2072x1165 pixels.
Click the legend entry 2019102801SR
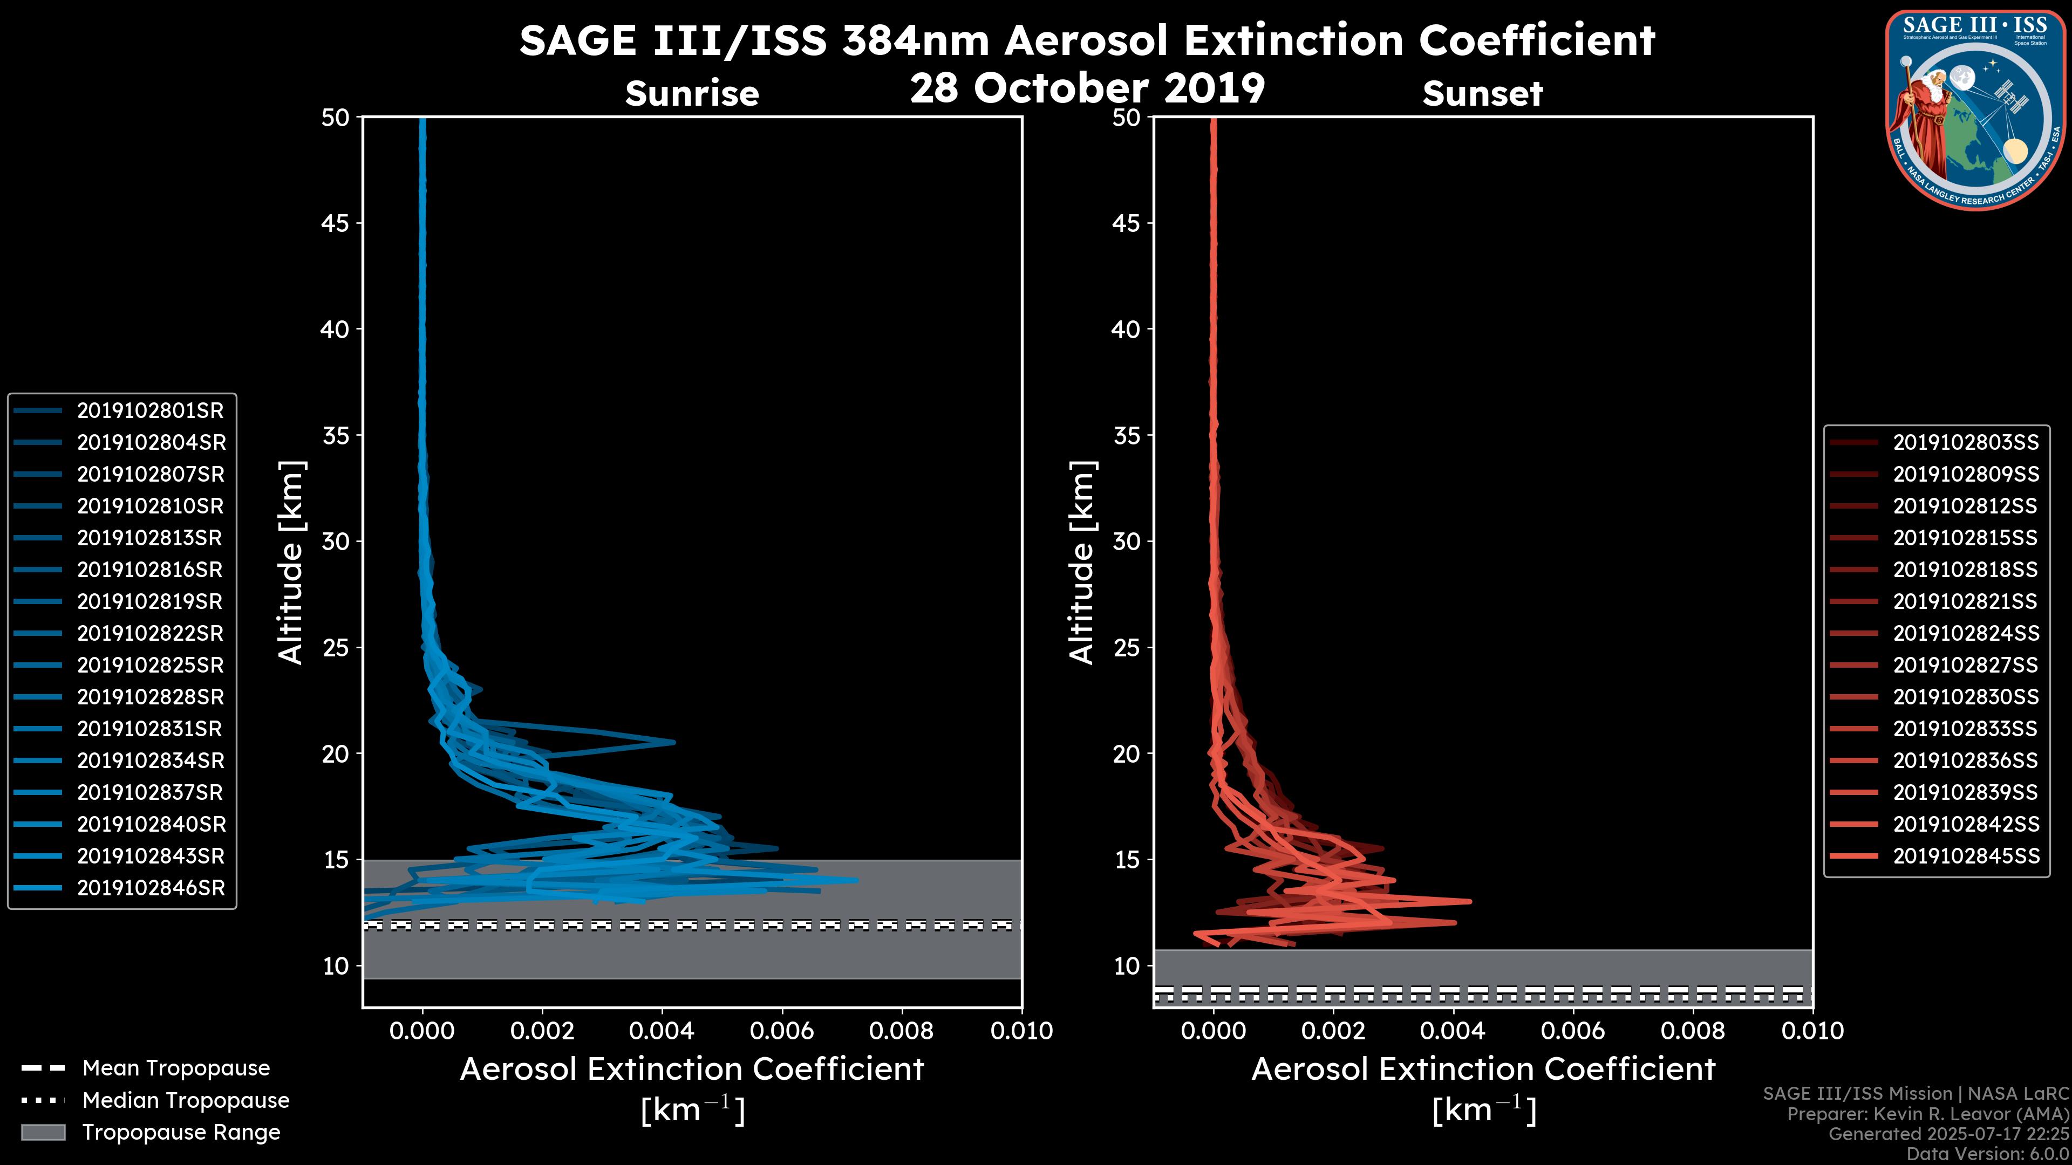149,411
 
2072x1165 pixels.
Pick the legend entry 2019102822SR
149,634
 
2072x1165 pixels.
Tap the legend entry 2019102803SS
1965,442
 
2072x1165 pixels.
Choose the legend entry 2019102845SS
1965,856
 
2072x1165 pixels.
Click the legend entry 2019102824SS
1965,634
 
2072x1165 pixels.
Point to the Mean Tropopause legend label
176,1068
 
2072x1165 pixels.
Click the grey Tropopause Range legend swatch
43,1132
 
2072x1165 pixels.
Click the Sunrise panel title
692,94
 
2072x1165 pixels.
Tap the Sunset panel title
1482,94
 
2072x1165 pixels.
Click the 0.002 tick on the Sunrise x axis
542,1031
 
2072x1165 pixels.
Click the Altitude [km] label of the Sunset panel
1082,563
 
